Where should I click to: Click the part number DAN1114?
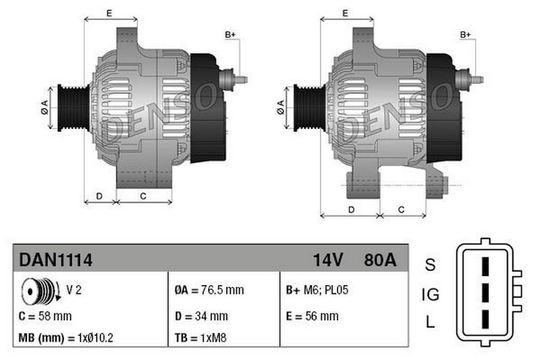click(x=55, y=259)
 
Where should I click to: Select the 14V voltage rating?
click(x=329, y=259)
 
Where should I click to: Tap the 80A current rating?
click(x=380, y=259)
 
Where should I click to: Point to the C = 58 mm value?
click(x=45, y=315)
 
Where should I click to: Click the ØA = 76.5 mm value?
click(x=209, y=290)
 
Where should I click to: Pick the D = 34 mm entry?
click(x=200, y=315)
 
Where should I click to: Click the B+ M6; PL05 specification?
click(x=317, y=290)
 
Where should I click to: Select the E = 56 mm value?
click(x=312, y=315)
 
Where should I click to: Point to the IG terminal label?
click(x=430, y=294)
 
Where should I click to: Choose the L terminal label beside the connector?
click(x=430, y=323)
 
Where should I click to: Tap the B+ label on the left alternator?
click(x=230, y=34)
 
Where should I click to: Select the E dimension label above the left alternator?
click(x=109, y=13)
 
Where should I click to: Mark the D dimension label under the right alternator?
click(x=351, y=209)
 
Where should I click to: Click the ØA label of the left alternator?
click(x=45, y=107)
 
